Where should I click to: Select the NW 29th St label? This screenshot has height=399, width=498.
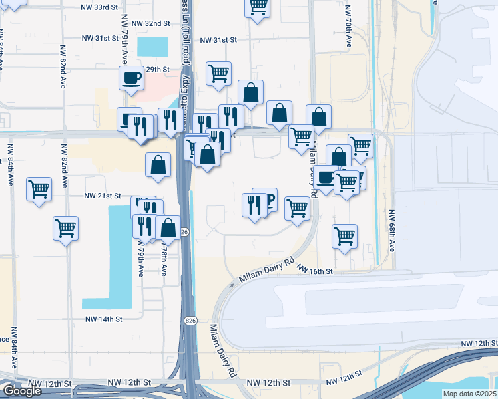click(x=154, y=69)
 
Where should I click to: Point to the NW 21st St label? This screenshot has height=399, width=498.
click(x=103, y=196)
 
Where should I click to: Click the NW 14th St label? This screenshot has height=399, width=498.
click(x=104, y=319)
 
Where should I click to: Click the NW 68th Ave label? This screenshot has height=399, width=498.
click(x=392, y=231)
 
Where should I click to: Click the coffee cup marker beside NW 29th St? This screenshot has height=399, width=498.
click(x=132, y=78)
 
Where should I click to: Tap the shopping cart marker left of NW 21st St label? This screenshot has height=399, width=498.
click(x=39, y=190)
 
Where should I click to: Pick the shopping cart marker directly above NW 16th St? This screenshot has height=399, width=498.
click(x=344, y=236)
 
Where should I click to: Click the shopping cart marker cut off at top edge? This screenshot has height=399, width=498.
click(x=258, y=9)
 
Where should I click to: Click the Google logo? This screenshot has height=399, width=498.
click(x=22, y=391)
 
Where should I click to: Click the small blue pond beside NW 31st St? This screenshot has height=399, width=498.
click(x=153, y=47)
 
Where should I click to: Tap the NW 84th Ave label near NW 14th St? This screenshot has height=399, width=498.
click(x=13, y=347)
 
